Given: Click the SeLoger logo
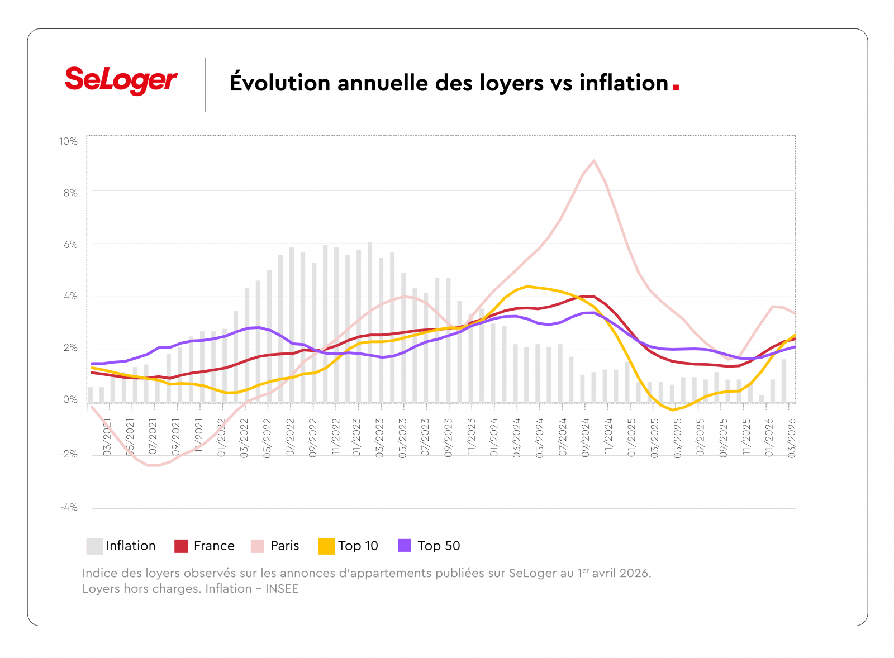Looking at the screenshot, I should click(x=121, y=80).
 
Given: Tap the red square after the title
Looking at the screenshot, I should click(x=676, y=87).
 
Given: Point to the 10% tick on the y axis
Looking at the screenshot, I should click(x=69, y=141).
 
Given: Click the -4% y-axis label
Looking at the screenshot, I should click(x=69, y=507).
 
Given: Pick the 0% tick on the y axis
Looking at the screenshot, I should click(x=70, y=399).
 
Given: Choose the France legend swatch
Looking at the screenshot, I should click(x=181, y=546).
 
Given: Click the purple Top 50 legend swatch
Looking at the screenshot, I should click(x=405, y=546).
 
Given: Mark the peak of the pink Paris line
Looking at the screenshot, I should click(x=593, y=161).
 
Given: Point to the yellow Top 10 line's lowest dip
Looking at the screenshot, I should click(x=673, y=410).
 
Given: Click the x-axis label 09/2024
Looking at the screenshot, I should click(x=586, y=438).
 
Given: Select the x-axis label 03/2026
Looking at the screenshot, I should click(x=792, y=438).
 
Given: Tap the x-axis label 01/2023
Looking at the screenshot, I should click(x=356, y=438).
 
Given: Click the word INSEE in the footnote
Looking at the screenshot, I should click(x=282, y=589).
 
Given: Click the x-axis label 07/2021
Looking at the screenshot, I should click(x=153, y=438).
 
